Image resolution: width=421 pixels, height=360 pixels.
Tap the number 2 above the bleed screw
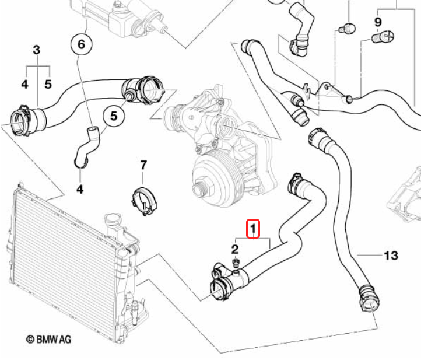click(236, 250)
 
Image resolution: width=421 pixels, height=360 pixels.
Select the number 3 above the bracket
click(36, 50)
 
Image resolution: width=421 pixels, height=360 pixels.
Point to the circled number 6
click(81, 43)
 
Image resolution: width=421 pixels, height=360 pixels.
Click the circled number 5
click(114, 117)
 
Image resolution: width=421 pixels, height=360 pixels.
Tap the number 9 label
click(377, 22)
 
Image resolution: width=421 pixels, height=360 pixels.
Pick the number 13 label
click(390, 256)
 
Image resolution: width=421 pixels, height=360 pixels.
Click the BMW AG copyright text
click(48, 339)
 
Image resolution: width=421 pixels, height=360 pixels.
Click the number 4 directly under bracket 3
click(24, 85)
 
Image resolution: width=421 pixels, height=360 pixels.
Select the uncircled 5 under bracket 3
click(48, 85)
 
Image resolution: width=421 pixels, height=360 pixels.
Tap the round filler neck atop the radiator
click(112, 222)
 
